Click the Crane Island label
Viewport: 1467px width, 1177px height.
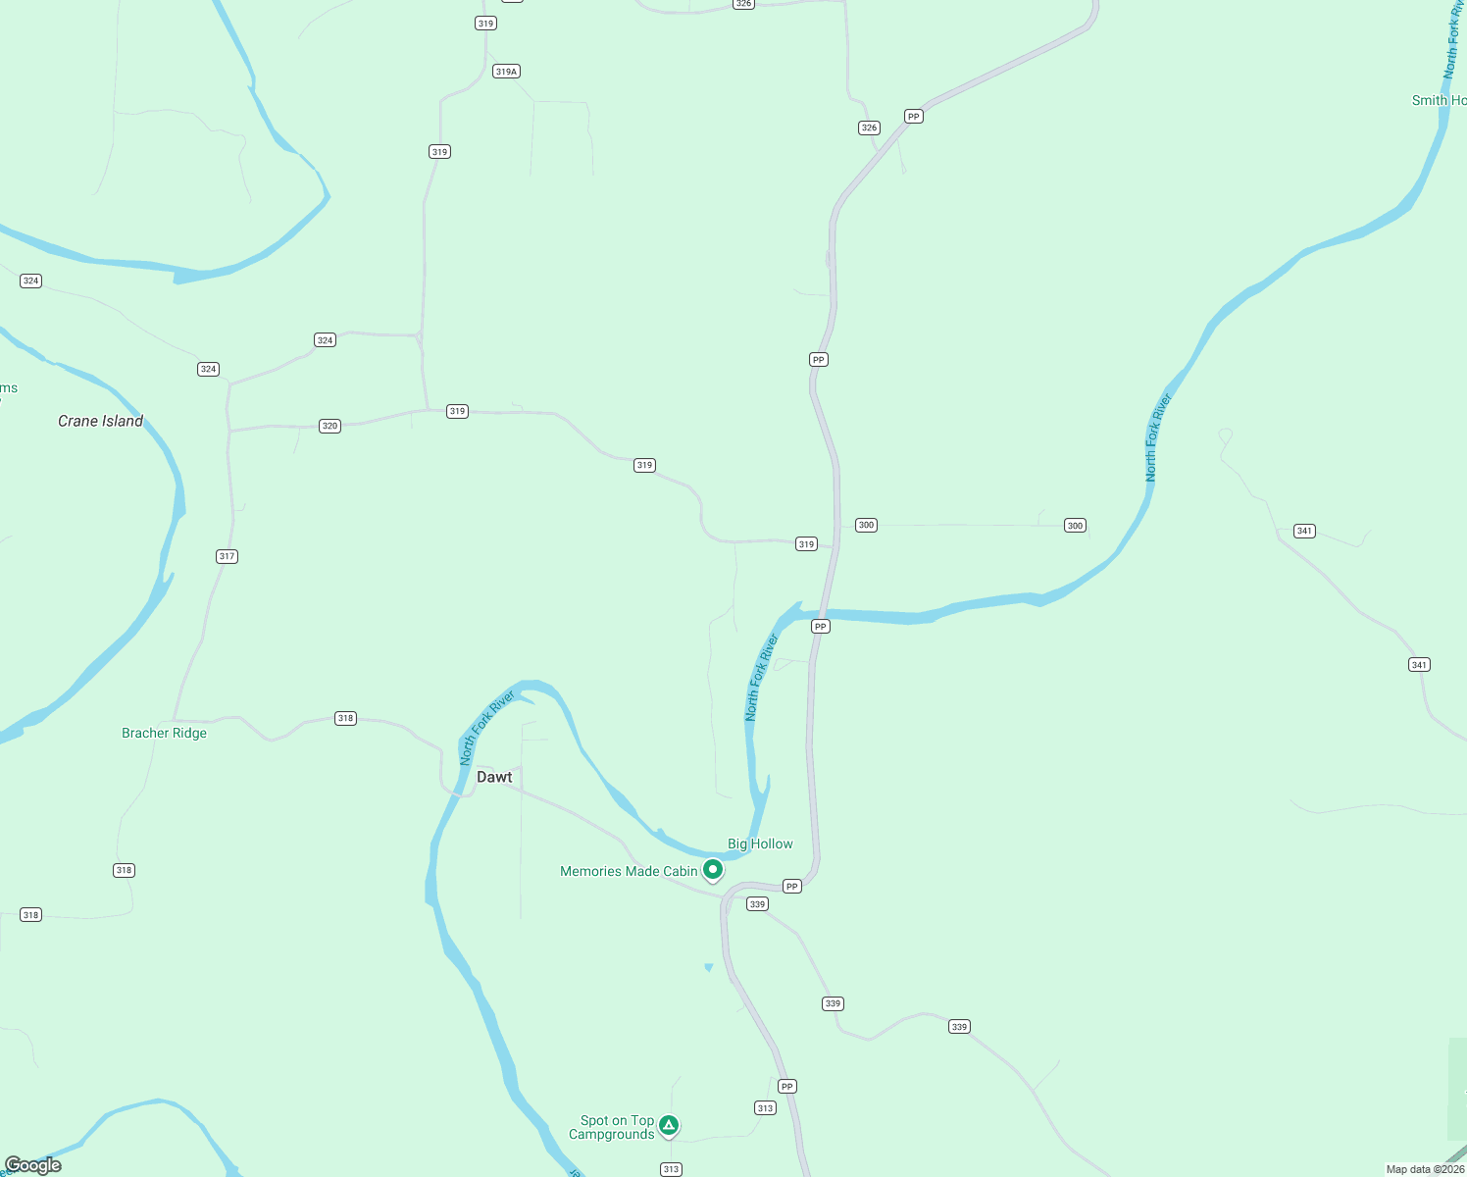(100, 421)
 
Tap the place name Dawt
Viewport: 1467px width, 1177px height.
(494, 777)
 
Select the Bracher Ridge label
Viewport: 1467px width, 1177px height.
(164, 733)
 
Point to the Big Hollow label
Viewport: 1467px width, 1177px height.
(760, 844)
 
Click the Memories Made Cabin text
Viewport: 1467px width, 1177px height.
(629, 871)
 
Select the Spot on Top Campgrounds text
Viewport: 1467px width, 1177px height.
(612, 1127)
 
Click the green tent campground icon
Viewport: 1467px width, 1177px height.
(669, 1125)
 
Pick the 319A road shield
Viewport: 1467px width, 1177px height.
(506, 72)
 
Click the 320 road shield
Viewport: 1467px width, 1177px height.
(329, 426)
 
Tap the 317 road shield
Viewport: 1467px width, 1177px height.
(227, 556)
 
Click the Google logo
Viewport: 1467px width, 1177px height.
(32, 1165)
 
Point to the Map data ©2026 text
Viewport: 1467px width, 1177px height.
(1425, 1169)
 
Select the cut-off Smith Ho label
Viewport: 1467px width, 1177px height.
(1439, 100)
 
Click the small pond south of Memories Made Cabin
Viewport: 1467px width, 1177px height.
(709, 968)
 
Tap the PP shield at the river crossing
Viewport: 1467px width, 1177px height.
(821, 626)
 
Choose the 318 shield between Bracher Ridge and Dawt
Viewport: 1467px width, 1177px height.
(345, 718)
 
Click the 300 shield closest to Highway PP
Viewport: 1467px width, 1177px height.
(866, 525)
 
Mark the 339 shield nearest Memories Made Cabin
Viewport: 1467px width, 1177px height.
(757, 904)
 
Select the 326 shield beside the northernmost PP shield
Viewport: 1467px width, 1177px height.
(869, 128)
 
